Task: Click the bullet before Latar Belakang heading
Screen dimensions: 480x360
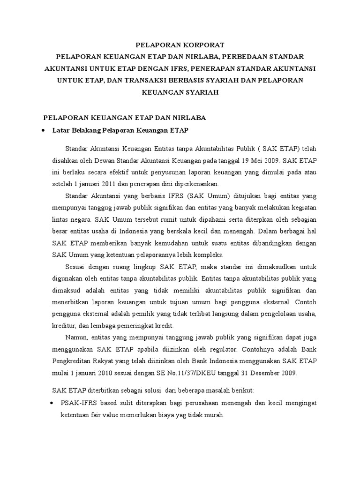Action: [43, 129]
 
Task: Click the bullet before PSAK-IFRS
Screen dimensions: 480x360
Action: [52, 403]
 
